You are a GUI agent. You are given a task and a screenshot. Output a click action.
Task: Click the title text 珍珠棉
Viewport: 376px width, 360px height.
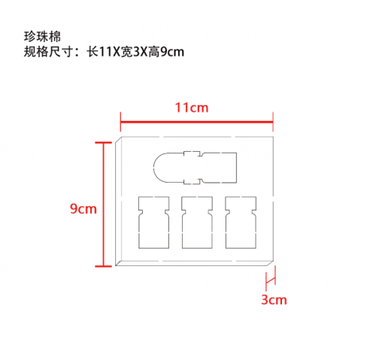tap(42, 37)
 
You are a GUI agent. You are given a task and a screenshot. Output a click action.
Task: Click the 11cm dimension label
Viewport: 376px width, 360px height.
tap(192, 107)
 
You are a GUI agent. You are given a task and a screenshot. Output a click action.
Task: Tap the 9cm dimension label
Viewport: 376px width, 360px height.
tap(83, 208)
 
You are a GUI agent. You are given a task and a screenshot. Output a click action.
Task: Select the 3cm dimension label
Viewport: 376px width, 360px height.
tap(274, 300)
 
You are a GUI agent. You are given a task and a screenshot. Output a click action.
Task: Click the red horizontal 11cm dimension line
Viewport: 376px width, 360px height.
tap(196, 123)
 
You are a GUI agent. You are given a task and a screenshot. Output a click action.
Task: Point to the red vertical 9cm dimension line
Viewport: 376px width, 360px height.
tap(103, 204)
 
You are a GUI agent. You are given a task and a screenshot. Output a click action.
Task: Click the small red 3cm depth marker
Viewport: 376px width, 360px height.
tap(271, 280)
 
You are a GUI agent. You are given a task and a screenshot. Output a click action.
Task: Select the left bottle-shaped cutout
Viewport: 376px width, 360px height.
tap(153, 222)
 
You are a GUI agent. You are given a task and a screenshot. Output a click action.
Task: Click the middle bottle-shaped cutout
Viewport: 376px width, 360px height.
tap(197, 222)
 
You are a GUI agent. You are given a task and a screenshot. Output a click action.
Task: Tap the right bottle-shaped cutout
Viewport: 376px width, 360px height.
tap(241, 222)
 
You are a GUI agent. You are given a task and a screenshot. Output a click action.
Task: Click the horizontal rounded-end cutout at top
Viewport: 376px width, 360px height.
tap(195, 168)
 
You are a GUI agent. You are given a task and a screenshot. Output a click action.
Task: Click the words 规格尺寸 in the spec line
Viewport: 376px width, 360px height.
tap(48, 52)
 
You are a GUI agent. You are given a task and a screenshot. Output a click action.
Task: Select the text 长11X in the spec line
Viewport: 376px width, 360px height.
tap(104, 52)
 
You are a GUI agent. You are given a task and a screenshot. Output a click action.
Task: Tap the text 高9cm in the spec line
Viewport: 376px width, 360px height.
tap(165, 52)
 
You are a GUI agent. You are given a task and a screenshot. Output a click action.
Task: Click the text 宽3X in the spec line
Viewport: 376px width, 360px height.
tap(134, 52)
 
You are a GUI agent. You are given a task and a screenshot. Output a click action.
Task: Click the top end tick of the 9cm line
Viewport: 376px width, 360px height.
tap(103, 143)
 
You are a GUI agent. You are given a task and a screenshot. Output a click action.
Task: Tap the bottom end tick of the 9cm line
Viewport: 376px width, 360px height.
tap(103, 266)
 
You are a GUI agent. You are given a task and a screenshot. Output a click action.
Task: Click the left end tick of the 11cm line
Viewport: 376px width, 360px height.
tap(120, 122)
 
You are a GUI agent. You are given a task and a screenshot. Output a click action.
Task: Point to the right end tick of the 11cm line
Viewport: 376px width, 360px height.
tap(273, 122)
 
